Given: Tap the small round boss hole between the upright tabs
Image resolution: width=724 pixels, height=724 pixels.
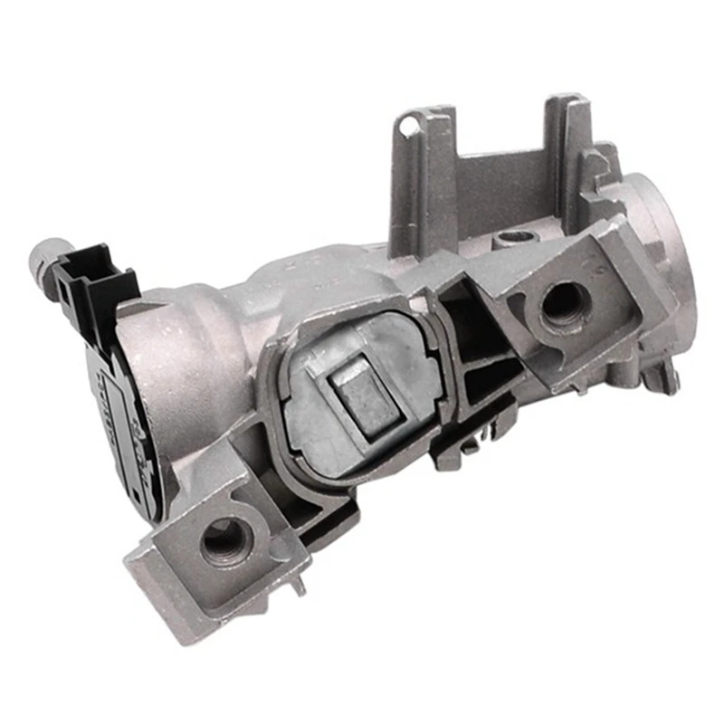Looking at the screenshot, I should click(x=512, y=236).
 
